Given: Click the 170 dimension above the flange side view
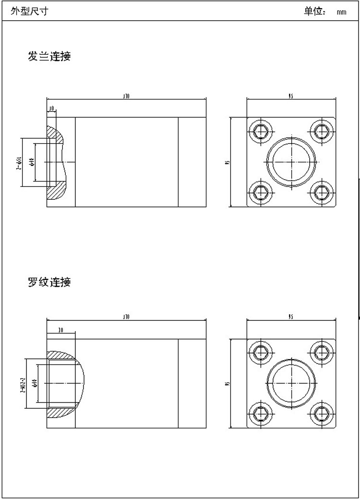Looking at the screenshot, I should click(126, 97).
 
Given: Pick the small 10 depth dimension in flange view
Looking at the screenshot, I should click(51, 109).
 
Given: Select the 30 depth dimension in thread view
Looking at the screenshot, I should click(60, 330).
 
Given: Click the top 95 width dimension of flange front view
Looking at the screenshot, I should click(291, 97).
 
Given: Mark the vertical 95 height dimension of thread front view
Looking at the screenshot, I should click(228, 383).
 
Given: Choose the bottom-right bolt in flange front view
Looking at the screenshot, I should click(321, 192).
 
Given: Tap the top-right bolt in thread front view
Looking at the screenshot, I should click(321, 352).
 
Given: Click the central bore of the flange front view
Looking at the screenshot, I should click(291, 161).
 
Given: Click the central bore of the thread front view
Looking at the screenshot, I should click(291, 382).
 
